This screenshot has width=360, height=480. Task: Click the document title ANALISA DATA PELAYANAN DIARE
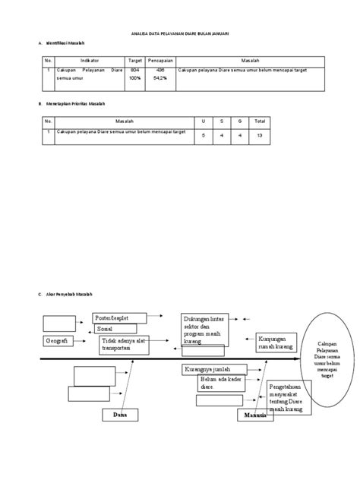(180, 33)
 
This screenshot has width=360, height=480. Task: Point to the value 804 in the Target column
(135, 70)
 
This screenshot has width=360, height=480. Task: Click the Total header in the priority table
(260, 120)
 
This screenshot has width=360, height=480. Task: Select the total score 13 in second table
(260, 134)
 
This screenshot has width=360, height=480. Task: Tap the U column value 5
(203, 134)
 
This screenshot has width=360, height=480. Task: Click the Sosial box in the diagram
(115, 329)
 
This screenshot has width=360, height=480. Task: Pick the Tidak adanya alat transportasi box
(123, 346)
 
